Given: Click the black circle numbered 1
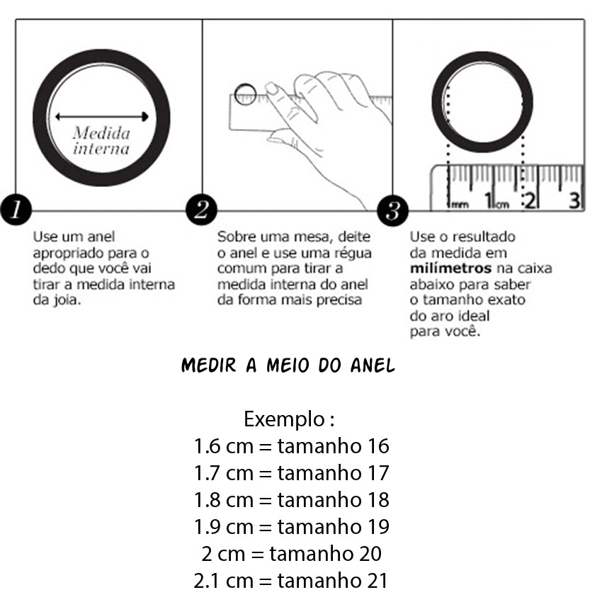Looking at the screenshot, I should [16, 210].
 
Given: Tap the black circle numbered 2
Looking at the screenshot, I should [201, 210].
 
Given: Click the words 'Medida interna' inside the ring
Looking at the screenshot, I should [101, 141].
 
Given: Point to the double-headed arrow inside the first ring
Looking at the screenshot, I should [101, 117].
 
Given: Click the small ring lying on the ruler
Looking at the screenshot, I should [245, 93].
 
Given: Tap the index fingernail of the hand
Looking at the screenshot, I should [271, 89].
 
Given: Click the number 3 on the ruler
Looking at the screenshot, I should [575, 200].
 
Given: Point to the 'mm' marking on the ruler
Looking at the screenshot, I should [460, 205].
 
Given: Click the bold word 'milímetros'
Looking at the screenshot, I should [450, 268].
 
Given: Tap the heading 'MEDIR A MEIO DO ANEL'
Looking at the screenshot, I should [288, 366].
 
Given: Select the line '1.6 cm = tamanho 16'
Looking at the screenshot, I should [291, 446].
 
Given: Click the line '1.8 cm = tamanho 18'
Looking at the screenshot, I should [291, 500].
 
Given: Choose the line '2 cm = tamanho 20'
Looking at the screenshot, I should [291, 554].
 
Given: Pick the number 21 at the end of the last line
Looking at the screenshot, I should [377, 581].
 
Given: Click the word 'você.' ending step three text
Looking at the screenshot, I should [465, 331].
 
